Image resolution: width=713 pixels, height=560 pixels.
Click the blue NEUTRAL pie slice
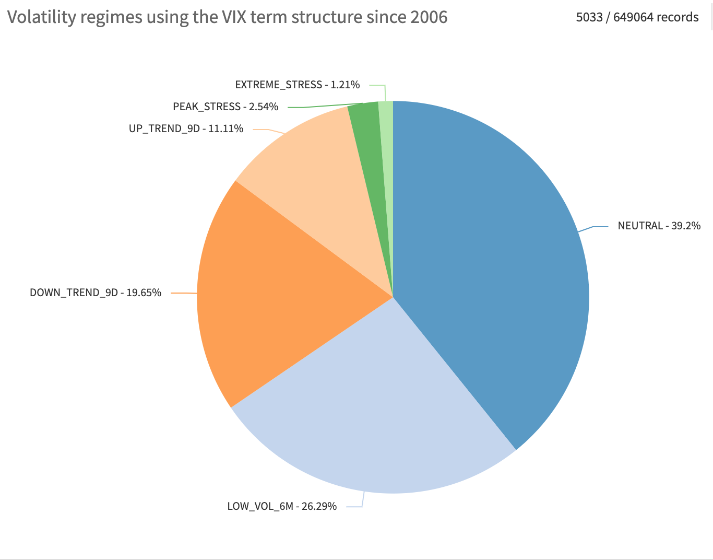coord(491,261)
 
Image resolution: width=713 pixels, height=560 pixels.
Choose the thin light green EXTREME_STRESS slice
coord(387,157)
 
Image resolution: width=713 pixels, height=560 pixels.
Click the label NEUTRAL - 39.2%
coord(659,226)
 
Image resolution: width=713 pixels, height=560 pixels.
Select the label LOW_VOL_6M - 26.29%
coord(282,506)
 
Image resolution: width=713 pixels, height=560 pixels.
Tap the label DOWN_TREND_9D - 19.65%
coord(96,293)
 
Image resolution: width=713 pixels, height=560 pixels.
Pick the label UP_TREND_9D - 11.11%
coord(186,129)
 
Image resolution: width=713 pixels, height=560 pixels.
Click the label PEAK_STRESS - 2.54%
coord(225,107)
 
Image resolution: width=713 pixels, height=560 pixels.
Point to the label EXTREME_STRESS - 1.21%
coord(297,85)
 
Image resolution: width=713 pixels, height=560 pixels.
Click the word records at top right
coord(678,17)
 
